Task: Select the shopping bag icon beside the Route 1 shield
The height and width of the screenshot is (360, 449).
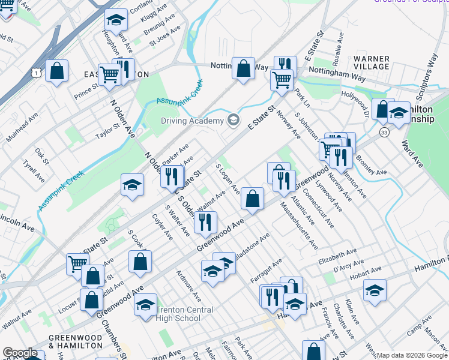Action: [x=56, y=71]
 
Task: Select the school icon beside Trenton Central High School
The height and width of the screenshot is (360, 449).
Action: [x=145, y=305]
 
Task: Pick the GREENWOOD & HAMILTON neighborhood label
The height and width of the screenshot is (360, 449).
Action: [x=75, y=341]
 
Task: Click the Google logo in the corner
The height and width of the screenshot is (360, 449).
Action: [x=20, y=353]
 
